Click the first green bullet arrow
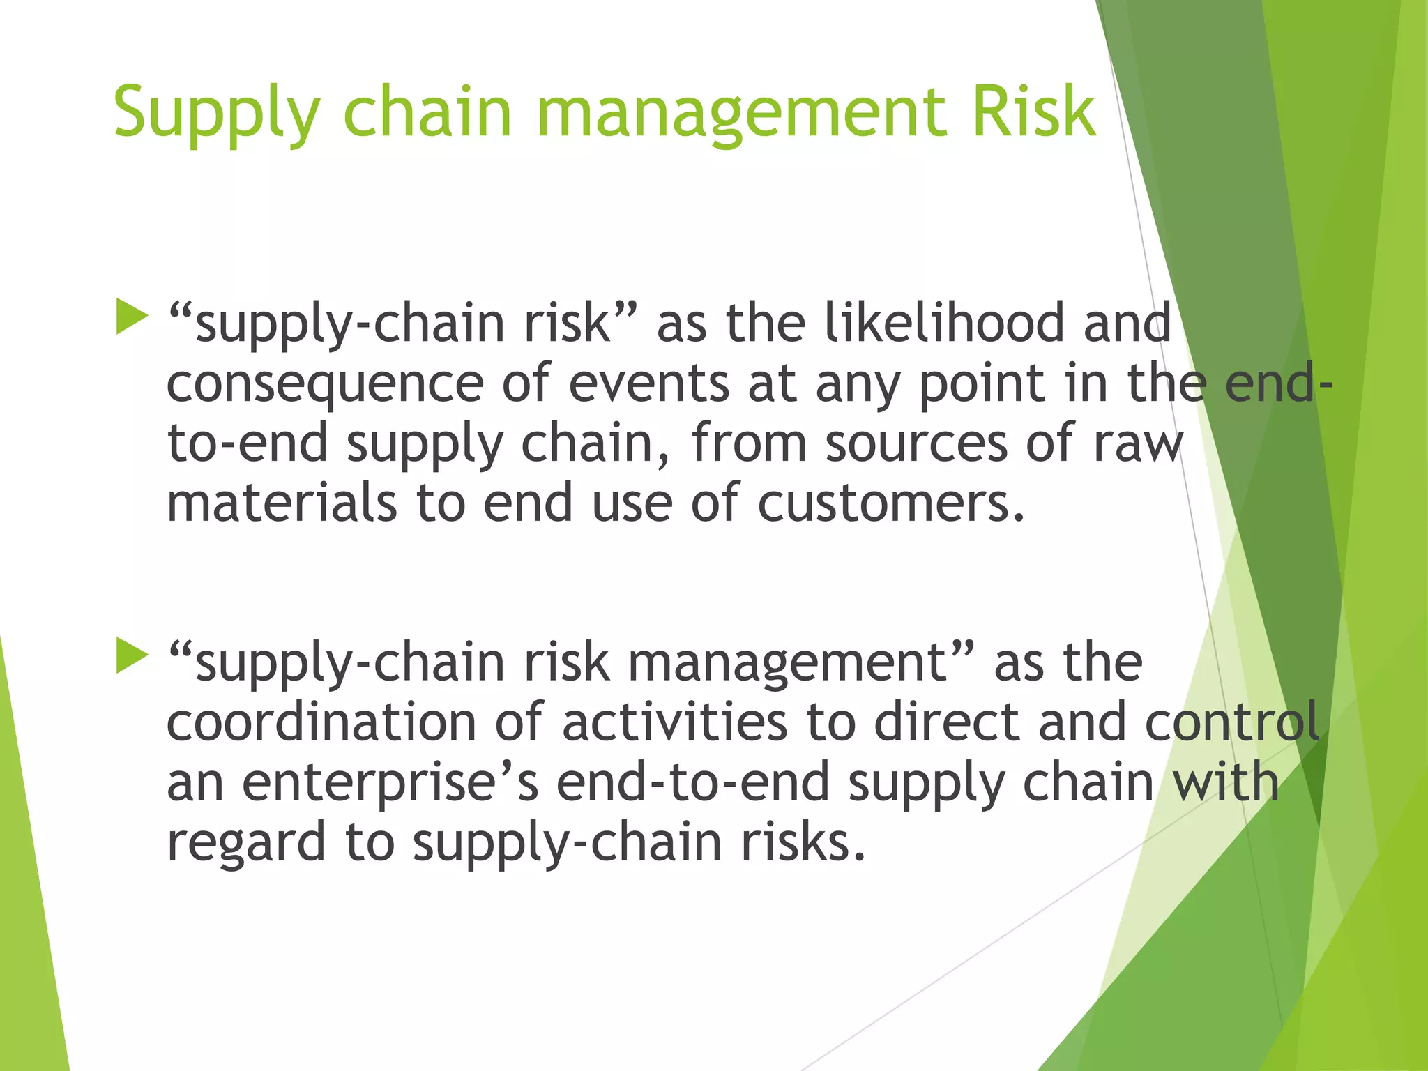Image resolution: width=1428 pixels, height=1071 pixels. coord(132,317)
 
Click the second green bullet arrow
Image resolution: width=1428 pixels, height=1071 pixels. coord(132,655)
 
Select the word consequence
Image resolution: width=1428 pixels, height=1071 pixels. coord(325,384)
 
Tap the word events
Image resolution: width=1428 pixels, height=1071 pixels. coord(648,383)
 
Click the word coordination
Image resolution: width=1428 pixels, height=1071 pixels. coord(321,722)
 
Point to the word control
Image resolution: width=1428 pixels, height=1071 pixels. coord(1231,722)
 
